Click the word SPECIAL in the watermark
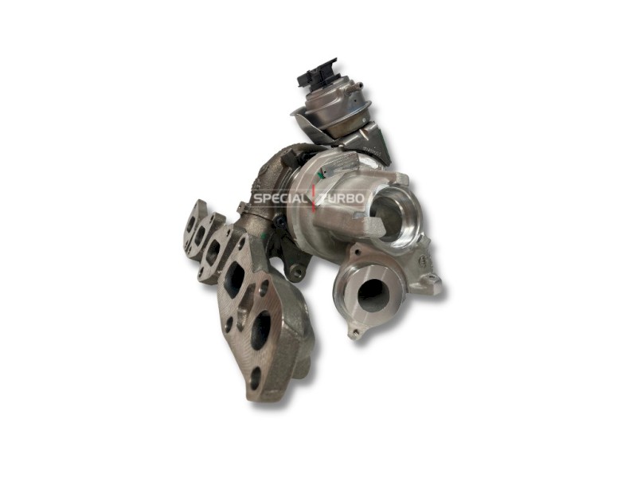pyautogui.click(x=280, y=198)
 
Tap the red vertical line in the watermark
pyautogui.click(x=314, y=198)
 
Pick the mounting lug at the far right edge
pyautogui.click(x=432, y=281)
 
